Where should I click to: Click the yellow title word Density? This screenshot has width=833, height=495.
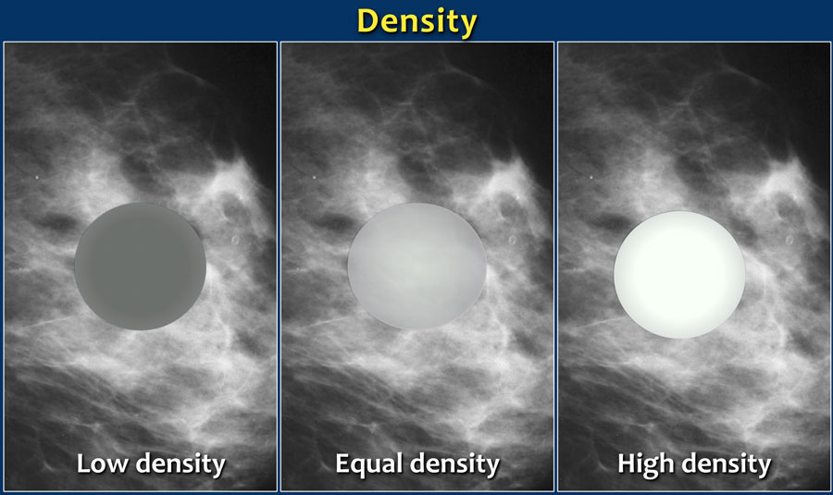tap(416, 22)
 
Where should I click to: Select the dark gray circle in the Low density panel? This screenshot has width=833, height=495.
tap(141, 266)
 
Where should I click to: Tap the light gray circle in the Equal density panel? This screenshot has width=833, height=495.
tap(417, 266)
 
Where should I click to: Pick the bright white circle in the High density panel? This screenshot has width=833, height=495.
tap(679, 275)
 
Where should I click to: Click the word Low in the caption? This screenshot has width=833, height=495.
tap(102, 464)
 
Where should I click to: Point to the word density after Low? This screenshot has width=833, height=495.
tap(181, 464)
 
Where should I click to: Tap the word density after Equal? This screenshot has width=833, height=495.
tap(454, 464)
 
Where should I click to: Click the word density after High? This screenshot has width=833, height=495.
tap(727, 464)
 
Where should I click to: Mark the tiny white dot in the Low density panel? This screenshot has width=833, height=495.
tap(37, 178)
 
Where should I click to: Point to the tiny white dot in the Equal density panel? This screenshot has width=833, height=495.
tap(314, 178)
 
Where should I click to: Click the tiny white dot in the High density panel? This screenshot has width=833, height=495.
tap(591, 178)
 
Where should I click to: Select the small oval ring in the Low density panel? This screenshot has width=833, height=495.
tap(235, 241)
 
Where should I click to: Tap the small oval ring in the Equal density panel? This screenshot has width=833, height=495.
tap(513, 241)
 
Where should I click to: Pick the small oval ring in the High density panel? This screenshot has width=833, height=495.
tap(789, 241)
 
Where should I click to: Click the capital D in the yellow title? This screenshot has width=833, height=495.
tap(368, 21)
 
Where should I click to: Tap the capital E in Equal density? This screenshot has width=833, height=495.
tap(342, 464)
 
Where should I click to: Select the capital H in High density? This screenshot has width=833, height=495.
tap(627, 464)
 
